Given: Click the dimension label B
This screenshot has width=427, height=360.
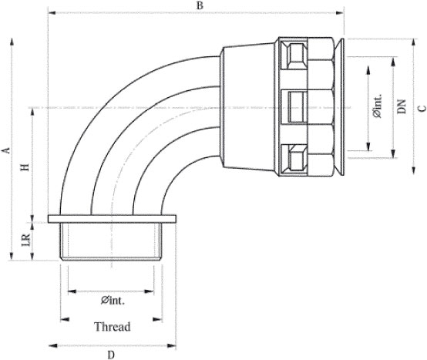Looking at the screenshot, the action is (x=200, y=5).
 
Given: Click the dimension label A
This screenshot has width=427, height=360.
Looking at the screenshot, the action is (x=6, y=150).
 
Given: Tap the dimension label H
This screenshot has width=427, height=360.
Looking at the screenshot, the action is (x=25, y=167).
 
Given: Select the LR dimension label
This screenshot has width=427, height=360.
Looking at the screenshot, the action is (x=26, y=240).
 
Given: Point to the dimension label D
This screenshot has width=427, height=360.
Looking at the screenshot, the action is (x=111, y=355).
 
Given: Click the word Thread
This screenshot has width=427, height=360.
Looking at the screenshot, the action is (x=113, y=327).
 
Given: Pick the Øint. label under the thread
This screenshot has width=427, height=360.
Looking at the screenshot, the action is (x=113, y=301).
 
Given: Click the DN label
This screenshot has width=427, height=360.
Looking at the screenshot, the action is (x=402, y=106).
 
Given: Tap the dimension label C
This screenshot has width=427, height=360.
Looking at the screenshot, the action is (x=422, y=109).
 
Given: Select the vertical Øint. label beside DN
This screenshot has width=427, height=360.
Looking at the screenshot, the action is (x=378, y=106).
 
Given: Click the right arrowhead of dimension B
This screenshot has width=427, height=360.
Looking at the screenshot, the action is (x=340, y=12).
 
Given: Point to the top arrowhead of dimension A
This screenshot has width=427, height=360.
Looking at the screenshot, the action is (x=12, y=42).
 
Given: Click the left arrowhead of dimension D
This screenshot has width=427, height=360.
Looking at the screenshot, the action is (x=53, y=345).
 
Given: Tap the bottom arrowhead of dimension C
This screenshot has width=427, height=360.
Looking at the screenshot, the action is (x=414, y=170).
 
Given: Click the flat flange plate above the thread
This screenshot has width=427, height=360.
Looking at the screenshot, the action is (x=112, y=219).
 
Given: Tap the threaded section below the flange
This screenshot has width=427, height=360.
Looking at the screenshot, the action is (x=111, y=242).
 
